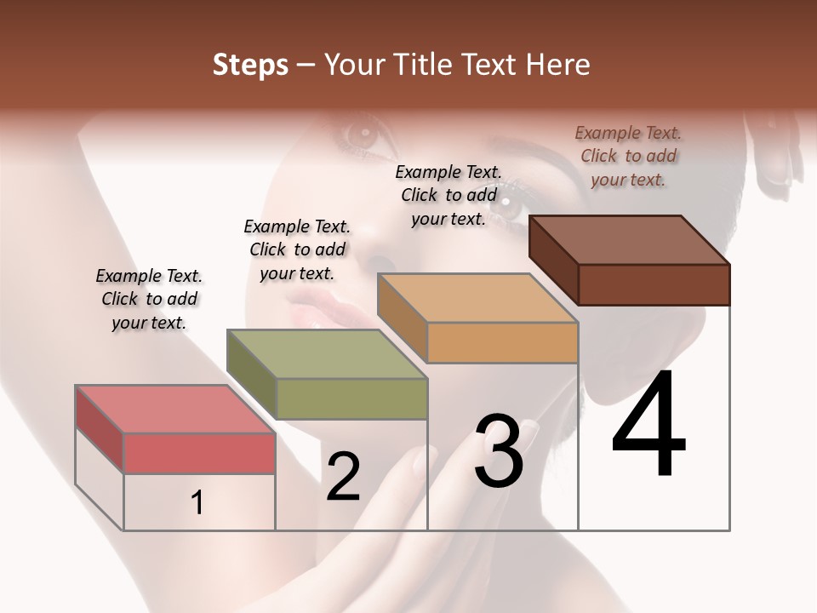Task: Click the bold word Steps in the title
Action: click(x=250, y=65)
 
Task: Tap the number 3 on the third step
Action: click(x=499, y=451)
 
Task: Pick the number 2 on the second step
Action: click(x=343, y=477)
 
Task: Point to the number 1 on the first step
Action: click(x=197, y=503)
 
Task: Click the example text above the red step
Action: click(x=149, y=299)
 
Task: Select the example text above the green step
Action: click(x=297, y=249)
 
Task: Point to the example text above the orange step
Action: click(x=448, y=195)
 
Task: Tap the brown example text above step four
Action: click(x=628, y=156)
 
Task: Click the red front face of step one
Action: click(x=199, y=453)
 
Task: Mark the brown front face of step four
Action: click(x=654, y=284)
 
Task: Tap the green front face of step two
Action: click(x=351, y=398)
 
